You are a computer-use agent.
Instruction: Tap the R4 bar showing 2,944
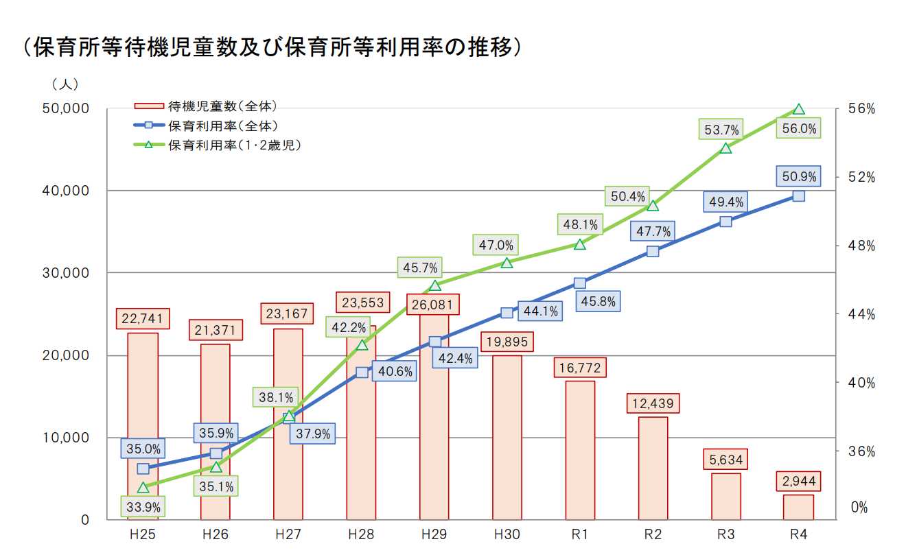click(x=798, y=507)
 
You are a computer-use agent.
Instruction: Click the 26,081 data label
click(x=434, y=304)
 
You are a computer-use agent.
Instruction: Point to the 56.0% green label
click(x=798, y=128)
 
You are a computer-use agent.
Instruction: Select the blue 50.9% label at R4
click(x=798, y=177)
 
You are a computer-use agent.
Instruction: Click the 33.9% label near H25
click(x=143, y=508)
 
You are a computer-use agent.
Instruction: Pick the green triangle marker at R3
click(x=725, y=147)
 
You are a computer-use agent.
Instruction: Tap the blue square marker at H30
click(x=507, y=313)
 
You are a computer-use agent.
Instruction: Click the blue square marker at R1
click(x=580, y=283)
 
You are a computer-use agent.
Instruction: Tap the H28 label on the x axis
click(x=361, y=535)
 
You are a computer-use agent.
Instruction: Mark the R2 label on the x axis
click(x=653, y=535)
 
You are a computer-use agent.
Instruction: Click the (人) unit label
click(x=65, y=84)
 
